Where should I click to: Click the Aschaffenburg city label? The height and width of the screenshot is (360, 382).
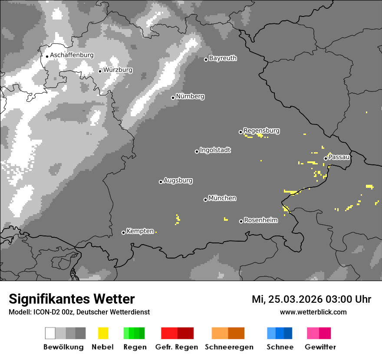(72, 55)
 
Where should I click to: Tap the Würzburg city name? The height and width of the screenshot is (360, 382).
(118, 70)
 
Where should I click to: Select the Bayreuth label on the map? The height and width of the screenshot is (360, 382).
(223, 58)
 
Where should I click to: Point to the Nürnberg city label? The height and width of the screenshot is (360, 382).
(190, 96)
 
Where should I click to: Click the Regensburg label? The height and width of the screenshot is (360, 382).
(261, 131)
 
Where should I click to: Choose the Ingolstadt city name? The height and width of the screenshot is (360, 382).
(215, 150)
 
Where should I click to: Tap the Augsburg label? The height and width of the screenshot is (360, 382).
(178, 180)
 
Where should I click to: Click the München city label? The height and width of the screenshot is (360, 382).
(222, 198)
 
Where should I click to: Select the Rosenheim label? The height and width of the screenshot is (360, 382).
(260, 220)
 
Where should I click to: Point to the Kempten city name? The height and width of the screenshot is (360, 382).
(140, 231)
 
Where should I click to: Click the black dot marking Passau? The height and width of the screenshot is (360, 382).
(326, 158)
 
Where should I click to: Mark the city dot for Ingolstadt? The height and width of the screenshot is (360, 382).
(197, 151)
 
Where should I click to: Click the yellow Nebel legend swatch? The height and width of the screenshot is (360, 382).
(103, 333)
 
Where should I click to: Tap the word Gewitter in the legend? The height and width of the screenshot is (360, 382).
(320, 347)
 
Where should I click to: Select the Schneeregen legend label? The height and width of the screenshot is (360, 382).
(229, 347)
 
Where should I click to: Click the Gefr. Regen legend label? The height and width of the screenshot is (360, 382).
(176, 347)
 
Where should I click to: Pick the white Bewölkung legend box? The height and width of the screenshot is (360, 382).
(50, 333)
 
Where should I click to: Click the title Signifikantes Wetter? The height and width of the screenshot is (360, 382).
(72, 299)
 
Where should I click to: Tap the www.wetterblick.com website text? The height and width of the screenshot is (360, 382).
(313, 312)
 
